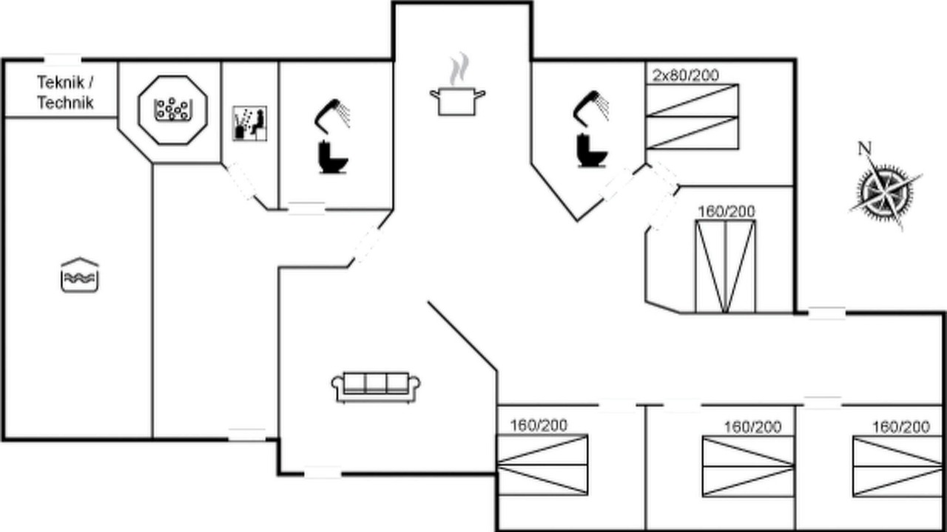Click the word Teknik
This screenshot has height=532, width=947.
[x=61, y=82]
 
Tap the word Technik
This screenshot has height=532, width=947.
[x=65, y=103]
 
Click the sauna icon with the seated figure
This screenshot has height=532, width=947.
[x=249, y=123]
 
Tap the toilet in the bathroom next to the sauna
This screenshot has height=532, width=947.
[x=333, y=157]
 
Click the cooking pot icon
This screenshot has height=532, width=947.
[x=457, y=101]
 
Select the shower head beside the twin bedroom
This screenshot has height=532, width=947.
[x=591, y=106]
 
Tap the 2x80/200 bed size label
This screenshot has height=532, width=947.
[x=685, y=75]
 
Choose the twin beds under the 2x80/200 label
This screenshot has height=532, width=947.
[x=692, y=117]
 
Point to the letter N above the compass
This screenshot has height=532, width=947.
[x=865, y=149]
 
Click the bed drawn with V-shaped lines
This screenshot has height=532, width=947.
[x=726, y=267]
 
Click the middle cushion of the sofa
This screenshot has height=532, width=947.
[x=376, y=383]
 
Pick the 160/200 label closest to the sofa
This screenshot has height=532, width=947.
[x=539, y=425]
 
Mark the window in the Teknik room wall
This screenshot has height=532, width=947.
[x=63, y=60]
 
